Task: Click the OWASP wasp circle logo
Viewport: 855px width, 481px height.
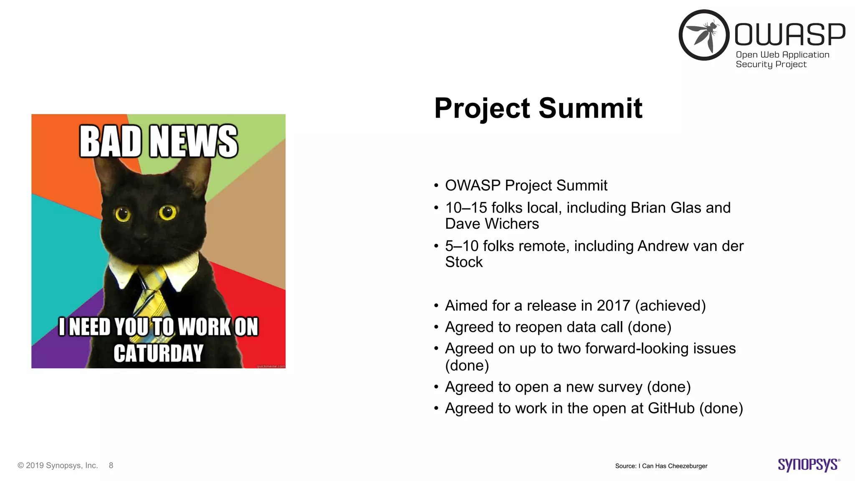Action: click(x=704, y=35)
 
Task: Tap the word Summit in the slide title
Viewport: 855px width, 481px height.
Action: click(x=590, y=108)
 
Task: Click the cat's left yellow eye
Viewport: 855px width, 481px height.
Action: click(x=123, y=215)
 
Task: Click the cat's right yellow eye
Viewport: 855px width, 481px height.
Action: click(x=167, y=213)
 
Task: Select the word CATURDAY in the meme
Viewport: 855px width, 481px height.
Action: click(x=158, y=353)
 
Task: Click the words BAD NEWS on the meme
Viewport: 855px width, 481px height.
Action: click(x=158, y=142)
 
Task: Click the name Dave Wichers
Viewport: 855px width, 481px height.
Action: click(x=492, y=224)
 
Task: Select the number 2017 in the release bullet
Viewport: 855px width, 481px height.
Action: click(x=613, y=306)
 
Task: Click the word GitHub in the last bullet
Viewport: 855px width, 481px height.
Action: click(x=671, y=408)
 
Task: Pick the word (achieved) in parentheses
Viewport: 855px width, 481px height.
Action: click(x=670, y=306)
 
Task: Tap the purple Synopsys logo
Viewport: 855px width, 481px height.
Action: click(x=808, y=465)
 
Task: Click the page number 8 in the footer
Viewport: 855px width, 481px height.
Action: click(x=111, y=466)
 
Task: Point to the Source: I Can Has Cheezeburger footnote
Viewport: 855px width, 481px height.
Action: click(x=661, y=466)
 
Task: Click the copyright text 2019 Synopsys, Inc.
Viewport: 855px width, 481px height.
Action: click(x=61, y=466)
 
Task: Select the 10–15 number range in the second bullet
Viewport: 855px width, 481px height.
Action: click(x=466, y=208)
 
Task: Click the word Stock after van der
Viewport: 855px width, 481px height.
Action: click(x=463, y=262)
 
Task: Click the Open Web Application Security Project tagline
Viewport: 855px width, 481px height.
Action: click(x=782, y=59)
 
